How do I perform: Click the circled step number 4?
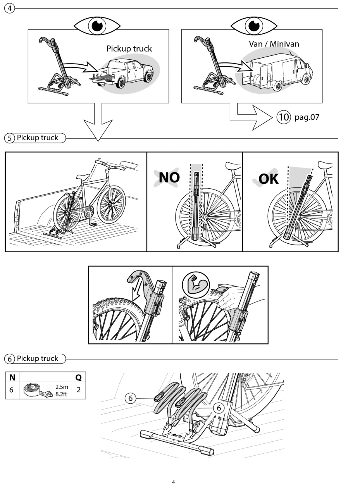coord(10,9)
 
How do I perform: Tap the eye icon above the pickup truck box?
coord(97,26)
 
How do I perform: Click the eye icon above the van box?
coord(254,26)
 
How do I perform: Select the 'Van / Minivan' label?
coord(274,44)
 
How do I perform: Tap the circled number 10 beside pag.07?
coord(284,117)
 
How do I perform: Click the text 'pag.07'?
coord(307,117)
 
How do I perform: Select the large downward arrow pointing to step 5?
coord(98,122)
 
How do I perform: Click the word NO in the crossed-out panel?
coord(169,177)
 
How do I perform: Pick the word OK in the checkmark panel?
coord(268,179)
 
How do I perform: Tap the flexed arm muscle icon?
coord(196,285)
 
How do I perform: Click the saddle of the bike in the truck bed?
coord(83,176)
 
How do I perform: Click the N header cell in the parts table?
coord(12,377)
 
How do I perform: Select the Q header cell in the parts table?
coord(79,377)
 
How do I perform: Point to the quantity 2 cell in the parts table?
coord(79,390)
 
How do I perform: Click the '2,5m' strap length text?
coord(62,387)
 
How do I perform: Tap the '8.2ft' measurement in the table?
coord(61,394)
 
